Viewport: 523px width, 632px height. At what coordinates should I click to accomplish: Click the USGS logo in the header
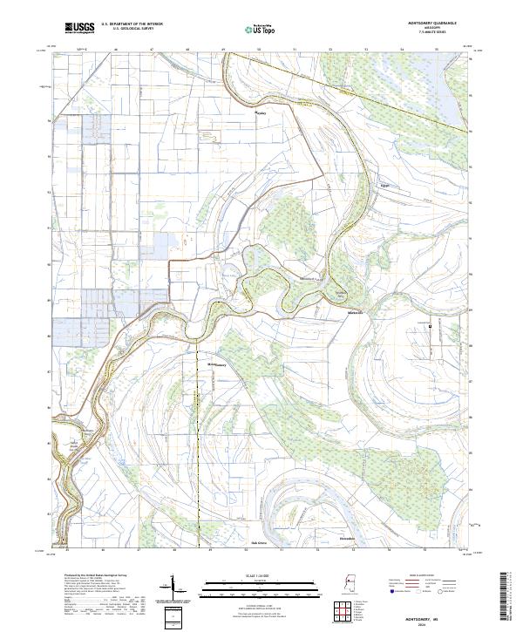click(79, 29)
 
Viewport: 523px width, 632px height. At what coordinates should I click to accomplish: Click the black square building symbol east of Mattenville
click(430, 325)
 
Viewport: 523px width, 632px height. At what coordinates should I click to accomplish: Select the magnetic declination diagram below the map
click(170, 591)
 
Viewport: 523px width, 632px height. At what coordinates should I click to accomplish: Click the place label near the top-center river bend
click(259, 113)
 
